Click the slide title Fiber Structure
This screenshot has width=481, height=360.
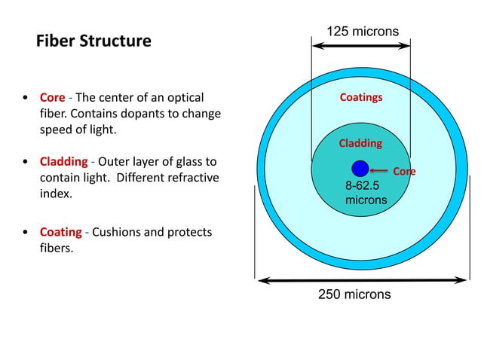pos(93,41)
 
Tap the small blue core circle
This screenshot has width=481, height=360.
pos(360,169)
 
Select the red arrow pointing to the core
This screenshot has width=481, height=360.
pos(381,171)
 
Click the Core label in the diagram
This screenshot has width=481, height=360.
pos(405,172)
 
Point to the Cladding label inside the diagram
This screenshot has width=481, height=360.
pos(360,143)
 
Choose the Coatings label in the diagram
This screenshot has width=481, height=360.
pos(361,98)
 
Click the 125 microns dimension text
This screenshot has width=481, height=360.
pos(362,31)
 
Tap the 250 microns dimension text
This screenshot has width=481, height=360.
pos(354,294)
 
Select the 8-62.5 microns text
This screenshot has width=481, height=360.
pos(366,194)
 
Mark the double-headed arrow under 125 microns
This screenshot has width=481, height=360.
pos(361,47)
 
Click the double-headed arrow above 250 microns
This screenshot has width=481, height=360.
pos(363,280)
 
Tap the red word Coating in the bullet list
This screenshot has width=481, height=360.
pos(60,232)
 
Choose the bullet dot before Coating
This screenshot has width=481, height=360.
pos(26,233)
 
